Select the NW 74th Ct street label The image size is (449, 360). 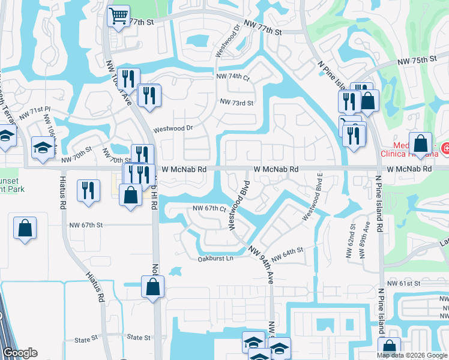click(x=233, y=77)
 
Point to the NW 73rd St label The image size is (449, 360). click(x=237, y=103)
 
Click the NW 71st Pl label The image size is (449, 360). click(x=35, y=110)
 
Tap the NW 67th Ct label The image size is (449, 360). click(x=208, y=209)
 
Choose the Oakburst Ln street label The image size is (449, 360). click(x=215, y=259)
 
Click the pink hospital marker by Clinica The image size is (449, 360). click(x=445, y=148)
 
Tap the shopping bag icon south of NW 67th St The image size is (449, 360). click(x=25, y=228)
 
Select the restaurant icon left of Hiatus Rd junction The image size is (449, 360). click(x=88, y=191)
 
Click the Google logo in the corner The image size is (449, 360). click(x=20, y=353)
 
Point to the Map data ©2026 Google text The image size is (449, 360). click(x=411, y=355)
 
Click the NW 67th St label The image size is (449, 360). click(x=86, y=225)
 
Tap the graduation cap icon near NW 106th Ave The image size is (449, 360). click(x=43, y=148)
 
